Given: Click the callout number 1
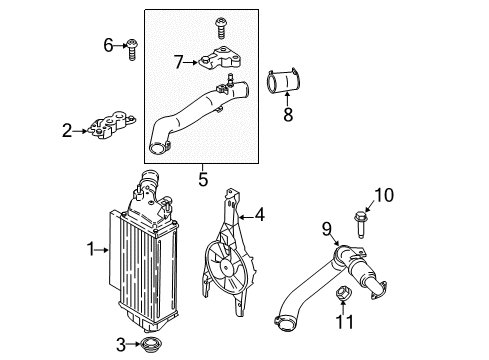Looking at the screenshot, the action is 91,249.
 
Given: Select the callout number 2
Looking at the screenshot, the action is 67,131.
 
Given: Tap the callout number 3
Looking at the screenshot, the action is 121,345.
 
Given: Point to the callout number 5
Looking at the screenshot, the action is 203,179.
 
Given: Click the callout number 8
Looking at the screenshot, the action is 288,114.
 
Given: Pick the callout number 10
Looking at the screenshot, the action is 384,195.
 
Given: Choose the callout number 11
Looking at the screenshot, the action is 344,322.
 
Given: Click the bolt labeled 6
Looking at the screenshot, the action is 132,50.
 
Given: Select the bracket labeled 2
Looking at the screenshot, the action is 111,125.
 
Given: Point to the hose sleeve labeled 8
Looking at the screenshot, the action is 284,82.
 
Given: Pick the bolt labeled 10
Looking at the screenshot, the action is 360,225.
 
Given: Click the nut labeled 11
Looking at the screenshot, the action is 342,293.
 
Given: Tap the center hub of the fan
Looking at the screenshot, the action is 227,268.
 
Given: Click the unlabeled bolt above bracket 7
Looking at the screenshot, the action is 220,28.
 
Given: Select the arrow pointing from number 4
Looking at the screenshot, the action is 246,217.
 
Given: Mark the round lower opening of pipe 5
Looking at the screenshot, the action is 157,148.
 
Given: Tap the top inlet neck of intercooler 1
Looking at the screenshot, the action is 149,178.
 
